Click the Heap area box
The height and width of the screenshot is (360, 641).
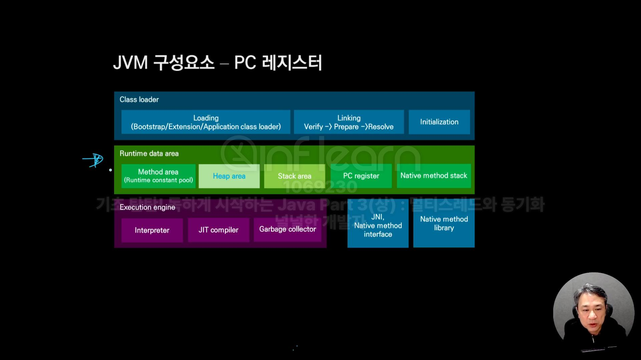tap(229, 176)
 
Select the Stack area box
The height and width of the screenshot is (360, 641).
tap(294, 176)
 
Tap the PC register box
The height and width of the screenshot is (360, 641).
tap(361, 176)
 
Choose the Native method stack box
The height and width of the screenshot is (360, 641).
tap(434, 176)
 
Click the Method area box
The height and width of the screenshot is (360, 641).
tap(158, 176)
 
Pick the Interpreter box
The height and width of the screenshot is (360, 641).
tap(152, 230)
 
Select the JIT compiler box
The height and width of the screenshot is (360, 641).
tap(218, 230)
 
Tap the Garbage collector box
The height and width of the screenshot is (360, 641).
tap(287, 229)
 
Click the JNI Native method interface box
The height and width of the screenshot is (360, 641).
tap(378, 225)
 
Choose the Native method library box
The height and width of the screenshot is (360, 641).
tap(444, 223)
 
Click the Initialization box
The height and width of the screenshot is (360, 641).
tap(439, 122)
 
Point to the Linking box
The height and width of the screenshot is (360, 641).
tap(349, 122)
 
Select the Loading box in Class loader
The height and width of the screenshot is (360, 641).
tap(206, 122)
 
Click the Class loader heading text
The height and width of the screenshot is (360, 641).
tap(139, 100)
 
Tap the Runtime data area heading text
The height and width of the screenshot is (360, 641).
tap(149, 154)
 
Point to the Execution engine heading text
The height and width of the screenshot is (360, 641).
tap(147, 207)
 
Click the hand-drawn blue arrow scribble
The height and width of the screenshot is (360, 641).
tap(93, 160)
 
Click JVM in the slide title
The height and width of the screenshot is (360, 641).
tap(131, 63)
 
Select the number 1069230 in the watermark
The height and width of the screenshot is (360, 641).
tap(320, 187)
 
